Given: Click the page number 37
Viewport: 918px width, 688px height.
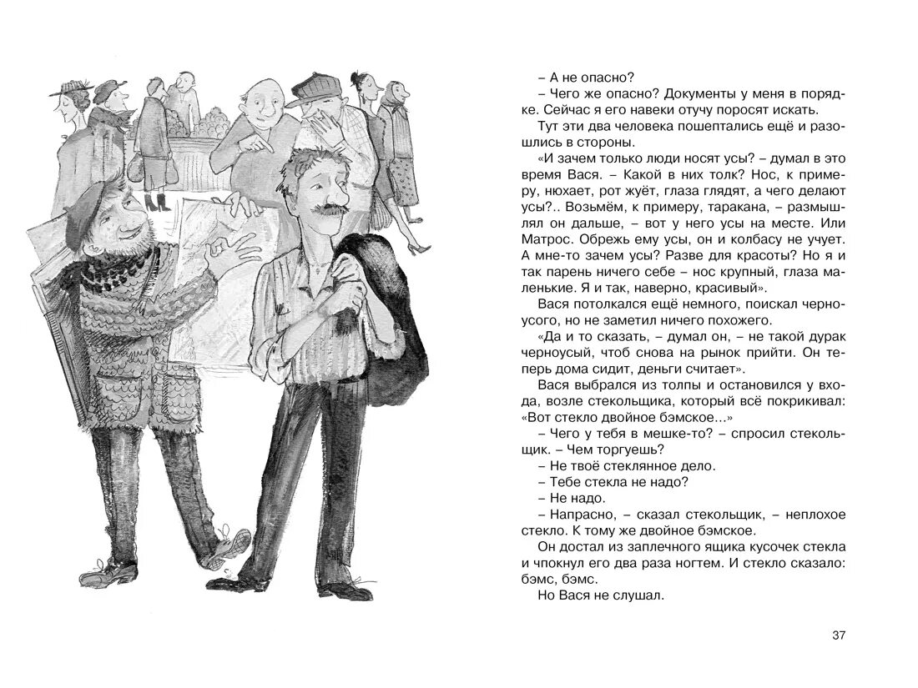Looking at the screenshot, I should pyautogui.click(x=839, y=636).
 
